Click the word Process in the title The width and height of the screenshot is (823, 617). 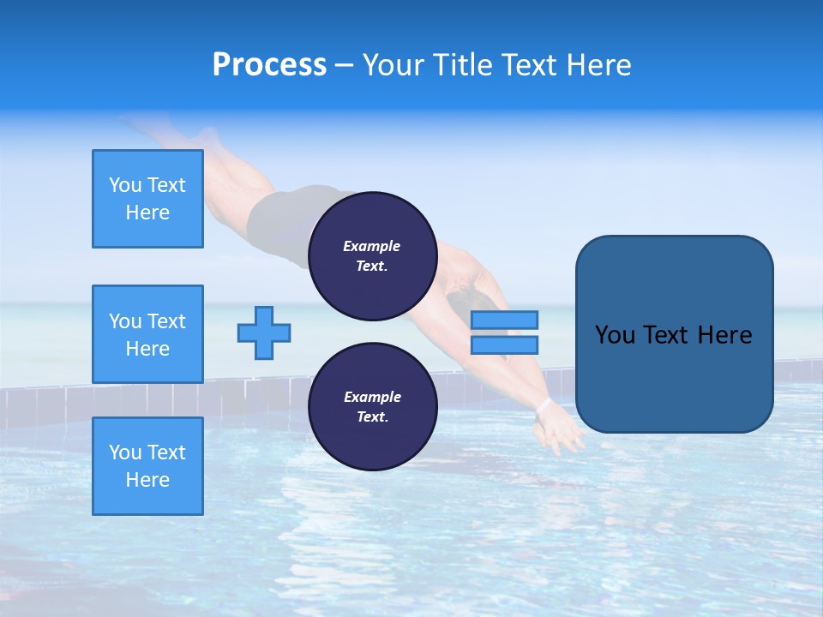(x=269, y=65)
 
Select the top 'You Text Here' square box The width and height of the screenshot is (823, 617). (x=147, y=199)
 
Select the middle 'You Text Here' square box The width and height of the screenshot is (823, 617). (x=147, y=334)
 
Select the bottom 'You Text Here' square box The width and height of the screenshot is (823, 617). (x=147, y=466)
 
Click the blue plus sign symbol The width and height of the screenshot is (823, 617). (x=264, y=332)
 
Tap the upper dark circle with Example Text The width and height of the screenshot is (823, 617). (x=372, y=255)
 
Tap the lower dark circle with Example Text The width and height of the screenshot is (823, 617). (x=372, y=406)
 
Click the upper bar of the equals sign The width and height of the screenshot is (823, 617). (x=504, y=320)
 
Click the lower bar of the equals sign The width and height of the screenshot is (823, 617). (x=504, y=344)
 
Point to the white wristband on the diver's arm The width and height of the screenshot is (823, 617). (x=543, y=403)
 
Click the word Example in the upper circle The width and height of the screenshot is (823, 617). (x=372, y=246)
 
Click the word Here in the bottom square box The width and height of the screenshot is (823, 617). (x=147, y=480)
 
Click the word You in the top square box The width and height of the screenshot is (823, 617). (x=125, y=185)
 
